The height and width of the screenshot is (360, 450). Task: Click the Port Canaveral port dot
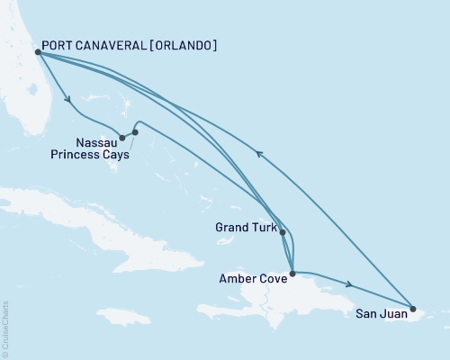[x=37, y=52]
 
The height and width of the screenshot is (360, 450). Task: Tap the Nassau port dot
[x=122, y=138]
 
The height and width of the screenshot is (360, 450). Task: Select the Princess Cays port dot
[x=135, y=132]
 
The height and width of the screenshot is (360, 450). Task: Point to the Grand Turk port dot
[x=283, y=232]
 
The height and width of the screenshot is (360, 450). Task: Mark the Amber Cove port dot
[x=292, y=272]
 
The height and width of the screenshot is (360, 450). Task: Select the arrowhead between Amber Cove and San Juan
[x=347, y=285]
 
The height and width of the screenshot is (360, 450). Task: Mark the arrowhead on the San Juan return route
[x=260, y=154]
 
